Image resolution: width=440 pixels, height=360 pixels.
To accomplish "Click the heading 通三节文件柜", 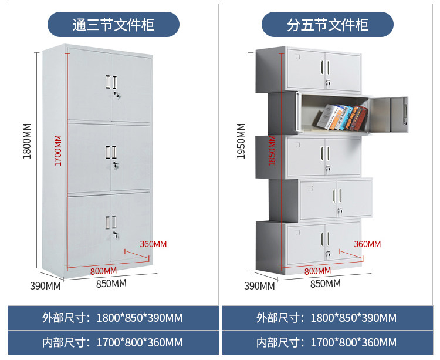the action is tap(113, 25).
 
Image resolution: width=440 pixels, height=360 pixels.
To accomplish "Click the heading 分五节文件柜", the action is tap(327, 25).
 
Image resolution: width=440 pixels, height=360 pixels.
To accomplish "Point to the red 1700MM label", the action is tap(57, 151).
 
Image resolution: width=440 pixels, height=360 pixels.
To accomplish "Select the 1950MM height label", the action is tap(241, 141).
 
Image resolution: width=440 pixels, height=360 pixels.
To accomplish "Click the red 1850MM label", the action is tap(272, 151).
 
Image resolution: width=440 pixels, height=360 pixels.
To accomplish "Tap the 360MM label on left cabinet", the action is tap(153, 244).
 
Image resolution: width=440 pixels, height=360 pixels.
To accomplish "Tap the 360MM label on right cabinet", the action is tap(367, 244).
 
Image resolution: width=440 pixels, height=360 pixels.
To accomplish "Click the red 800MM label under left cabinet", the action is tap(103, 271).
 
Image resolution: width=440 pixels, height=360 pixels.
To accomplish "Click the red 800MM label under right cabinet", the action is tap(317, 271).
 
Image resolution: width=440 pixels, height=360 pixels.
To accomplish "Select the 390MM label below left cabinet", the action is tap(46, 286).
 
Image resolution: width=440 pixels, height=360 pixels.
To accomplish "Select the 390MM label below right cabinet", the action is tap(259, 286).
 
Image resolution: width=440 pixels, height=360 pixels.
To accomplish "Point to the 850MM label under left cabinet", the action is tap(111, 283).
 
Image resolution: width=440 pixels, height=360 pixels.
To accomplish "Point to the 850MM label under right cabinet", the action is tap(325, 283).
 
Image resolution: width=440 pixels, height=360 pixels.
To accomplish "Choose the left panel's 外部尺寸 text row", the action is tap(112, 318).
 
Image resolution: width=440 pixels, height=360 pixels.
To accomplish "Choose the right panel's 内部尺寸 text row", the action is tap(326, 342).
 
